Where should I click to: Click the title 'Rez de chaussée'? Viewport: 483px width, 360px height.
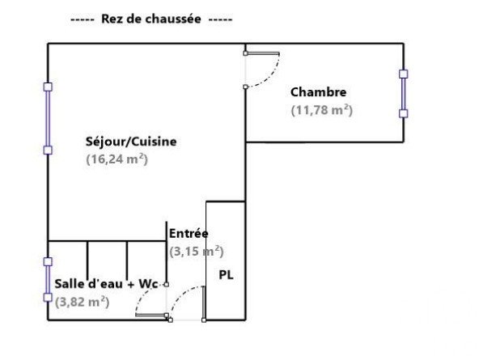(x=151, y=19)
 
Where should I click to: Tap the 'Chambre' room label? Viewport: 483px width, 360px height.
(x=318, y=92)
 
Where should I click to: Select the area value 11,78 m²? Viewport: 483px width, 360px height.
(x=321, y=110)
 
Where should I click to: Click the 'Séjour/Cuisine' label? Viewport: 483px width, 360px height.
(x=131, y=142)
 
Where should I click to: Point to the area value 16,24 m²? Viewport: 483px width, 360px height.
(x=117, y=159)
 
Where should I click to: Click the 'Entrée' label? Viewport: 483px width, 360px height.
(x=189, y=233)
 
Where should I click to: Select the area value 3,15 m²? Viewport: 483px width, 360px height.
(x=197, y=252)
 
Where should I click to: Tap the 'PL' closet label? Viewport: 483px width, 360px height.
(x=226, y=275)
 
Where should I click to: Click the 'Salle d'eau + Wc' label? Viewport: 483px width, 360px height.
(x=106, y=284)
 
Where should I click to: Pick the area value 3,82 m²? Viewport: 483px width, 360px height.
(x=82, y=302)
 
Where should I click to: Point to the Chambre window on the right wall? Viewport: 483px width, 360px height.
(x=403, y=94)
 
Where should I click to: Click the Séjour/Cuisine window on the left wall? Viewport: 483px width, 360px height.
(x=48, y=119)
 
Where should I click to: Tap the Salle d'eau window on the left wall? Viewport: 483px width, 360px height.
(x=48, y=280)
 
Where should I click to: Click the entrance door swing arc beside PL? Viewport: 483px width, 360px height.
(x=180, y=296)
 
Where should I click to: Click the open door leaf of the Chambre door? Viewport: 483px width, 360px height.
(x=262, y=53)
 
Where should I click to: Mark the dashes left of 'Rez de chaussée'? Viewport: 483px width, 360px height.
(x=83, y=20)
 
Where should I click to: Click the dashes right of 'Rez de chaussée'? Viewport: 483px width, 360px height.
(x=220, y=20)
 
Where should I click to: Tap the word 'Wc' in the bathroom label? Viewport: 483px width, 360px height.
(x=148, y=284)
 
